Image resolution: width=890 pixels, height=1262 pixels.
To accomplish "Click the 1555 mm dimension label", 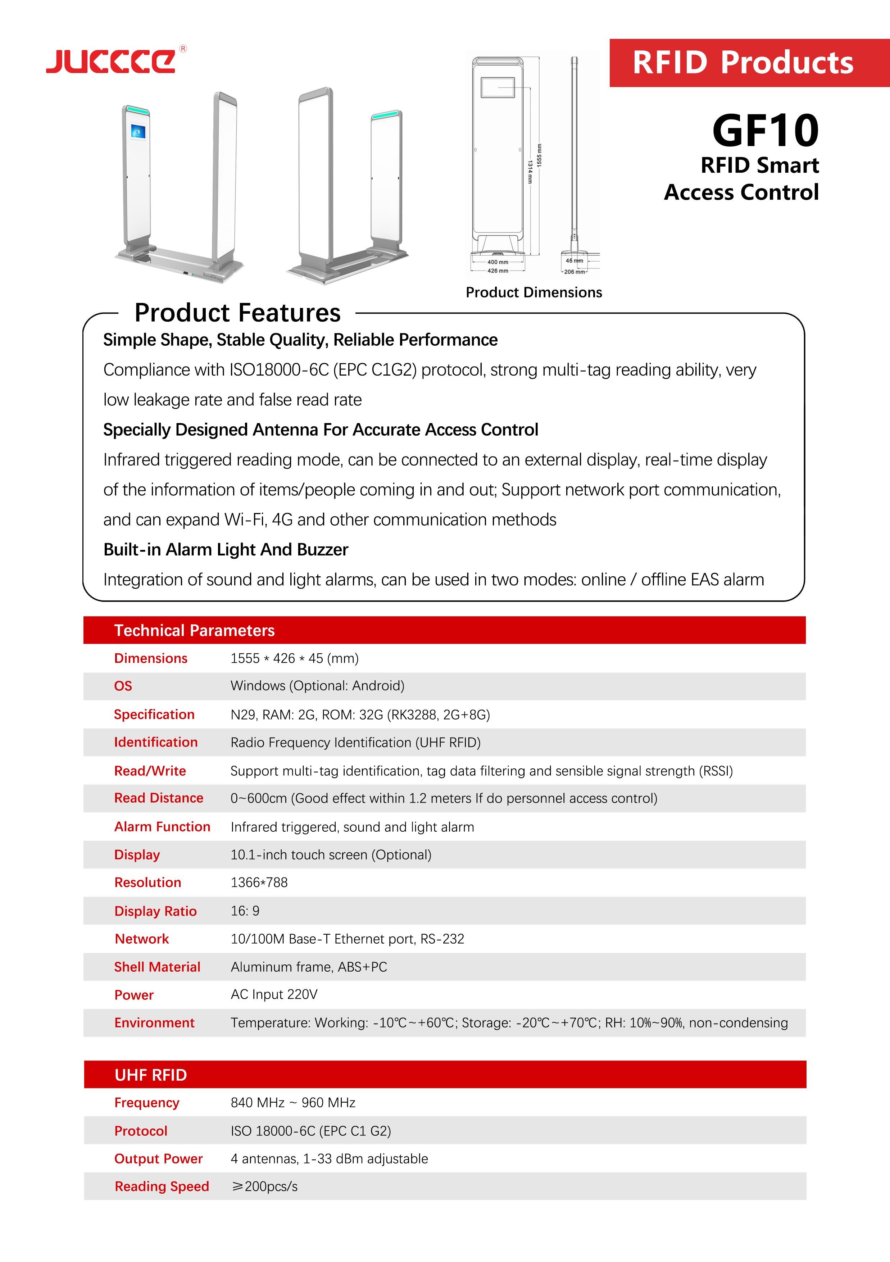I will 539,155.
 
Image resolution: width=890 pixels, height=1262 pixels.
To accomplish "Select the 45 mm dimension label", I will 575,260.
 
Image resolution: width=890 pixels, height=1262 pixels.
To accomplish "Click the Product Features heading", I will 237,313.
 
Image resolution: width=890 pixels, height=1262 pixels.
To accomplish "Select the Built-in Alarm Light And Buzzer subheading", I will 226,550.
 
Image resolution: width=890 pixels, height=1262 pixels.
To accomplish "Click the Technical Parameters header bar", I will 444,630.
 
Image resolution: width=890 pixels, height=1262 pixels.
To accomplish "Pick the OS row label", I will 123,686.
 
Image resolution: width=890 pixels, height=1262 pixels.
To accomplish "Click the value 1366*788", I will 259,882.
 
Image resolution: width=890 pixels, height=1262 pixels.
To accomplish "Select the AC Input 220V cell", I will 274,994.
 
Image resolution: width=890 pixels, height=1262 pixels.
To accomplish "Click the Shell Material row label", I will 157,967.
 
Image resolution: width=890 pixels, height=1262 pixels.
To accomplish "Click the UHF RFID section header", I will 444,1075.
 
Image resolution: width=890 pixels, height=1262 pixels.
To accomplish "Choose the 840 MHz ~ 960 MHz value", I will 292,1103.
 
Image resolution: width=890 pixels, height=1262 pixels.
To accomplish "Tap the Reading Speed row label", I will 162,1186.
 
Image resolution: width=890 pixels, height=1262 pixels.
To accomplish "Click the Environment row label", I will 154,1023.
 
